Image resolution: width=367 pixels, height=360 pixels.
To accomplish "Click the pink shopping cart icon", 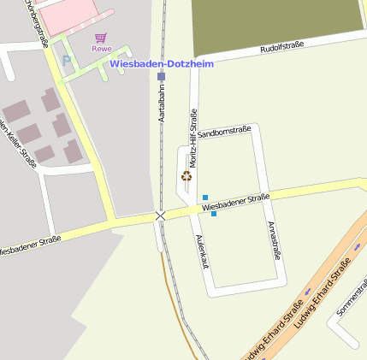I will [102, 38].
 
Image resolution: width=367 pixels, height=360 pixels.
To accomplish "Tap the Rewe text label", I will [102, 49].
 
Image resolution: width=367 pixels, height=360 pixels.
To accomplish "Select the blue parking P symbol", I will [67, 61].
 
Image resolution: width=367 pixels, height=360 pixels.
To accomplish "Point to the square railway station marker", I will [161, 76].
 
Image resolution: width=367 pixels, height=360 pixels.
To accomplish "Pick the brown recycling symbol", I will [186, 177].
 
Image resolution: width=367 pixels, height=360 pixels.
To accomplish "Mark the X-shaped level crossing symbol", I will [160, 215].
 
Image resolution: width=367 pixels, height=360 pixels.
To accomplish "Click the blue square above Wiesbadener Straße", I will [205, 198].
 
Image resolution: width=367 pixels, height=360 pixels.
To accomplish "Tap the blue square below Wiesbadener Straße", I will [213, 213].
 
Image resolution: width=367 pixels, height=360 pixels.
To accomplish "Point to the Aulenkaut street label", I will [202, 251].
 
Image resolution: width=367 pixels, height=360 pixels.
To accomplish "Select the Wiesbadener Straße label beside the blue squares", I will [236, 202].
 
